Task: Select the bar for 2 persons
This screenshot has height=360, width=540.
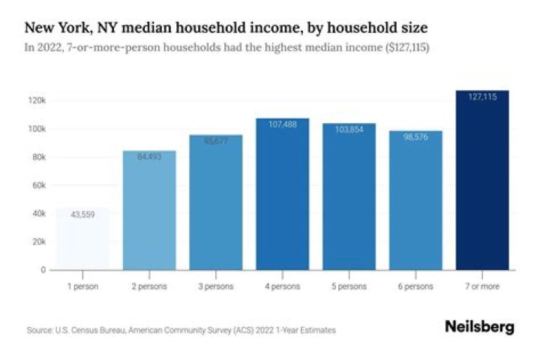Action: click(149, 210)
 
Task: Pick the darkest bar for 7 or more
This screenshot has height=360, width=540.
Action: click(482, 180)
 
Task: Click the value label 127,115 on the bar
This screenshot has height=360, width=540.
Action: click(482, 97)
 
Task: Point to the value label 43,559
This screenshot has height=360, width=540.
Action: click(82, 214)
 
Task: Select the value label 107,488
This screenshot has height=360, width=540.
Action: click(283, 124)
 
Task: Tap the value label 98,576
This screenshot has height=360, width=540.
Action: click(416, 136)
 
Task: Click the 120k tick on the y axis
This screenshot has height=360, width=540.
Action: click(38, 100)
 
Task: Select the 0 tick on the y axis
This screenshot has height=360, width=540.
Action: click(43, 270)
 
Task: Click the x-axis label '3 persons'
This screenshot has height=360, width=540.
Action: click(216, 286)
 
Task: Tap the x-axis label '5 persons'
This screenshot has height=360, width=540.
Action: click(349, 286)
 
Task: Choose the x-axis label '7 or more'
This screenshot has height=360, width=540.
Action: click(482, 286)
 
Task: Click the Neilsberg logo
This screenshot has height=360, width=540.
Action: click(479, 328)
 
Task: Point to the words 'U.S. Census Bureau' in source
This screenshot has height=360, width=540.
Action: click(82, 330)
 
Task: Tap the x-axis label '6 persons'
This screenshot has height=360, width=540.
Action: click(416, 286)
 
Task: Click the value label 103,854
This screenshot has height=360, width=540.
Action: click(349, 129)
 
